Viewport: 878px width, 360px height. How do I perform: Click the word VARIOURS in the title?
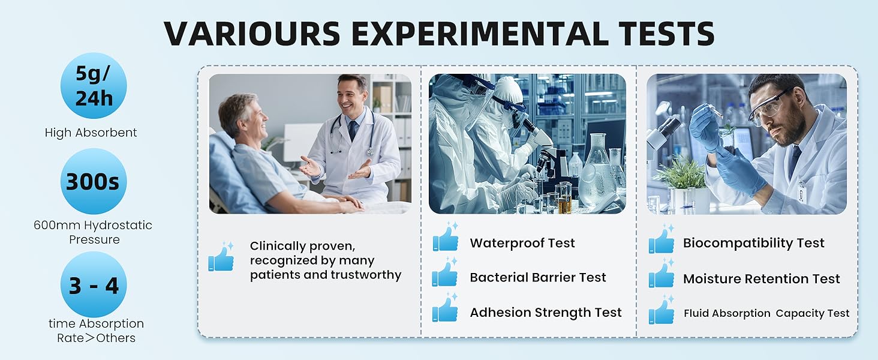[252, 34]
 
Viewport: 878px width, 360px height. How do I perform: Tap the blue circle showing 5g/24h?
[94, 85]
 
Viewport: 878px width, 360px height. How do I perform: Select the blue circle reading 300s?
[94, 181]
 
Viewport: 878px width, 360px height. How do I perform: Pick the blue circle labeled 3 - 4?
[94, 284]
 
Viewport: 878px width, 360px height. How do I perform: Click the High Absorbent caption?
[91, 133]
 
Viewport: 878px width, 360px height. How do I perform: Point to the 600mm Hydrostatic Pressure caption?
[94, 232]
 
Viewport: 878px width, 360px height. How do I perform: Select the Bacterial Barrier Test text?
[538, 277]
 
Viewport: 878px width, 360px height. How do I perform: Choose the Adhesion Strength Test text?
[546, 312]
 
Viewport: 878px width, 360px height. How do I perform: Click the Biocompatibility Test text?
[754, 243]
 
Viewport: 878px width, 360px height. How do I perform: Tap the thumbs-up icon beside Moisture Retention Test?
[661, 274]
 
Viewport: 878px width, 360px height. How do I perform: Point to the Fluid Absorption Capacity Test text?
[766, 313]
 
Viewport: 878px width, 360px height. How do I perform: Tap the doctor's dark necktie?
[353, 130]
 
